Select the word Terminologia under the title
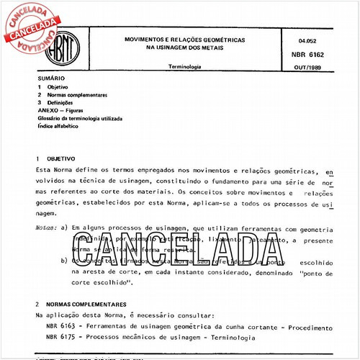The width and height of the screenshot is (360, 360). point(184,66)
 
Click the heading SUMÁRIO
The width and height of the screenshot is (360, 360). point(50,77)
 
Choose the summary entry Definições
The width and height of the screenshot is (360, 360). point(64,102)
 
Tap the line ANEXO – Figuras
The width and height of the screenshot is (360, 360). point(63,109)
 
